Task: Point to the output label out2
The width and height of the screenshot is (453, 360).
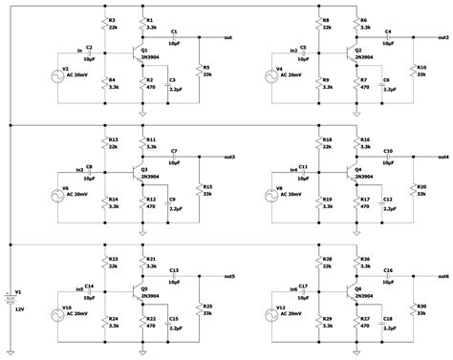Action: pyautogui.click(x=442, y=37)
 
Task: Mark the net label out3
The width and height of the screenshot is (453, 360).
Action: pyautogui.click(x=227, y=157)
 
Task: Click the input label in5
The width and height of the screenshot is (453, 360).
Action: pyautogui.click(x=79, y=287)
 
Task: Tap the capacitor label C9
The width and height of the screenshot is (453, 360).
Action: pyautogui.click(x=173, y=199)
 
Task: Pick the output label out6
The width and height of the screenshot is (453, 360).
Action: pyautogui.click(x=442, y=276)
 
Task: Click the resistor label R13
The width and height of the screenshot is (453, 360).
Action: pyautogui.click(x=113, y=138)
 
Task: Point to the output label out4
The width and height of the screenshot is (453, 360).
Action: pyautogui.click(x=442, y=157)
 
